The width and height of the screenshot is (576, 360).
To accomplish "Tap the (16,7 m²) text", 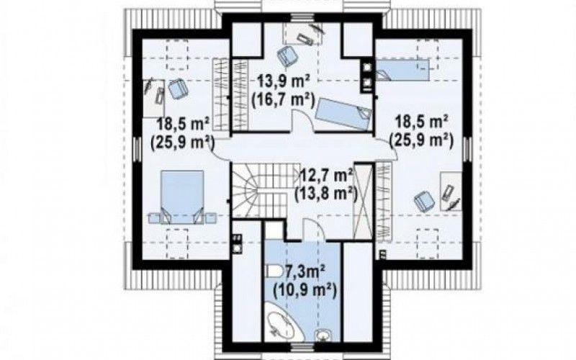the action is point(283,99).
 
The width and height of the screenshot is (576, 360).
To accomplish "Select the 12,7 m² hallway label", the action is point(327,175).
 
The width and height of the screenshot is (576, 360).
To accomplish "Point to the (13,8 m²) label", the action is point(326,194).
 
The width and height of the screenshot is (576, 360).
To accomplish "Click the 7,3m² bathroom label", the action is point(305,274).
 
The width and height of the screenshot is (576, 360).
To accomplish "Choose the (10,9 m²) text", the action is point(305,292).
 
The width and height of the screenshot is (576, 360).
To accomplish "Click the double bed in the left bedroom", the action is point(182,197).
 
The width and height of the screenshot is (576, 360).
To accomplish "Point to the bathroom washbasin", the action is point(323,334).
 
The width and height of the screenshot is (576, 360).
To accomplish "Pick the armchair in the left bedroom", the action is point(178,89).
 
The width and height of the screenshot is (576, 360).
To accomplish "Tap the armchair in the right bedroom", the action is point(424,202).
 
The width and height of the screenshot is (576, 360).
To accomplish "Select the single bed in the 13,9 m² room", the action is point(343,114).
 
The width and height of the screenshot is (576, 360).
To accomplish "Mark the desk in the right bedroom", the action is point(451,191).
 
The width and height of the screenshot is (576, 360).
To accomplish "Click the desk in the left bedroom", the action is point(153,98).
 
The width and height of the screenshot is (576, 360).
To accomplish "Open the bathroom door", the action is point(312,230).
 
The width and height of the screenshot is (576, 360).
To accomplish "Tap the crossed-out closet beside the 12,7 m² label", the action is point(363,202).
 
